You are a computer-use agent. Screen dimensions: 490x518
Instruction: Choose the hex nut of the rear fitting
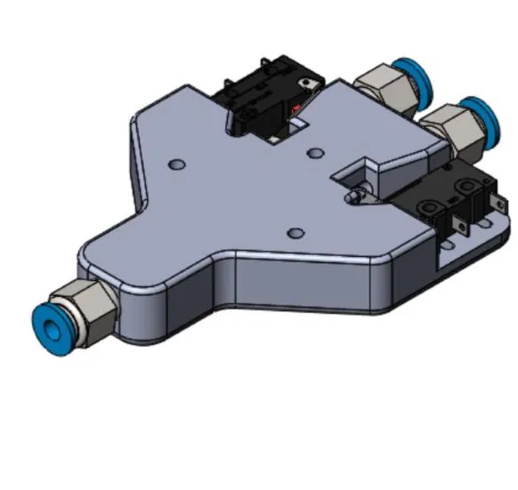tap(381, 90)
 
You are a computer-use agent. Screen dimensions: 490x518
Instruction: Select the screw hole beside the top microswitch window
tap(314, 152)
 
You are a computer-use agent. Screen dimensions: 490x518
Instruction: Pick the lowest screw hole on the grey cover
tap(293, 234)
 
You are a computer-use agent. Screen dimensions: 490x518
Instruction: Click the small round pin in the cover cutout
tap(356, 198)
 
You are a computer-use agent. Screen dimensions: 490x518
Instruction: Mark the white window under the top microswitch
tap(282, 133)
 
